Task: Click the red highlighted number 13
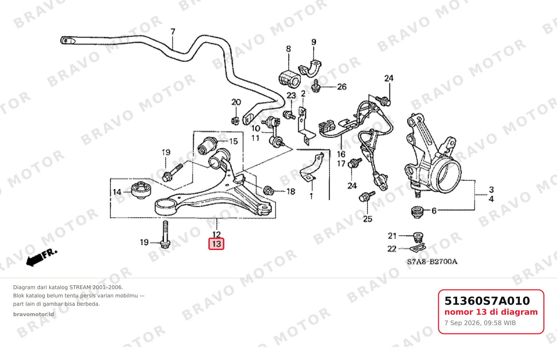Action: point(216,244)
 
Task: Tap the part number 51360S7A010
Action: point(487,301)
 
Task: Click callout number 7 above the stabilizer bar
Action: point(173,32)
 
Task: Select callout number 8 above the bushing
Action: point(288,49)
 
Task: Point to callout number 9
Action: point(313,42)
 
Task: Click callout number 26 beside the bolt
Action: point(342,87)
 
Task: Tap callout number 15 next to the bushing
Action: point(233,141)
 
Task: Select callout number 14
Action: point(117,192)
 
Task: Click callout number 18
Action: point(291,192)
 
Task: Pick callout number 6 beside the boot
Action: point(434,211)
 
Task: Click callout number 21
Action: point(392,236)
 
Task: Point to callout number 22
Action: point(392,249)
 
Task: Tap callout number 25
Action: point(368,219)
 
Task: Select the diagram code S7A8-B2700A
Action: point(432,262)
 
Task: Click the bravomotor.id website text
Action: point(34,314)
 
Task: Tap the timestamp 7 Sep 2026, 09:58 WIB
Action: point(480,323)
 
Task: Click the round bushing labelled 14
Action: point(141,190)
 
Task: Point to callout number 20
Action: point(236,102)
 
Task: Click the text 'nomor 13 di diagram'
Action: point(491,312)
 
